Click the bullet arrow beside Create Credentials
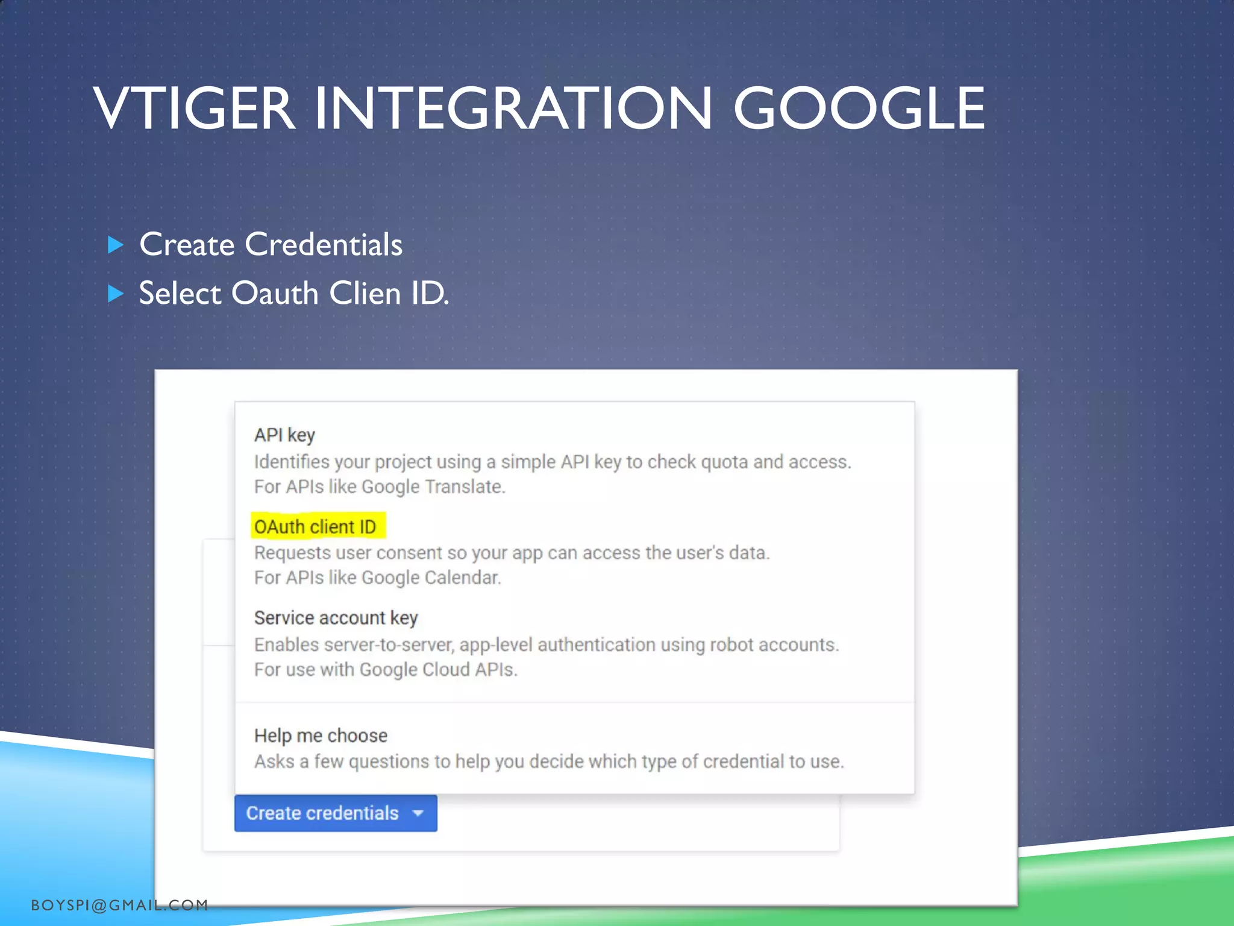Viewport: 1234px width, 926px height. (115, 245)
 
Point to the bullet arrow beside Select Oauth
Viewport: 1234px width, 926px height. (115, 294)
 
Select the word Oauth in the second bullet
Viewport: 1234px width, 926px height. (275, 294)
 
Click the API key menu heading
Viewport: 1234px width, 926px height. (284, 435)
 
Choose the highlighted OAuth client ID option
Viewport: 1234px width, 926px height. (315, 526)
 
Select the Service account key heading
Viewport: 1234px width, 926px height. (336, 618)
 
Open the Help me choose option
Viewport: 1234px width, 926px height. (321, 735)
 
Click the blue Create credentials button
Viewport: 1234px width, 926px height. (322, 813)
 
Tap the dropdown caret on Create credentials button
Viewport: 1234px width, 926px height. (418, 813)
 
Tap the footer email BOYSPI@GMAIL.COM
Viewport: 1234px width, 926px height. (119, 905)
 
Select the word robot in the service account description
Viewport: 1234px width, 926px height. (731, 644)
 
